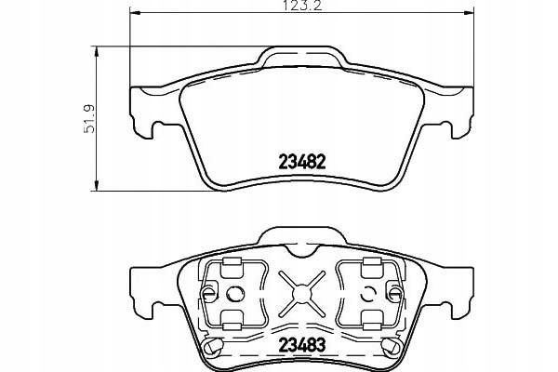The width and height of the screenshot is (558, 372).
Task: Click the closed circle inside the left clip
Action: pos(233,296)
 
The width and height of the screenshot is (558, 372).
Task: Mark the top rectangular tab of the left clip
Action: pos(231,266)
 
